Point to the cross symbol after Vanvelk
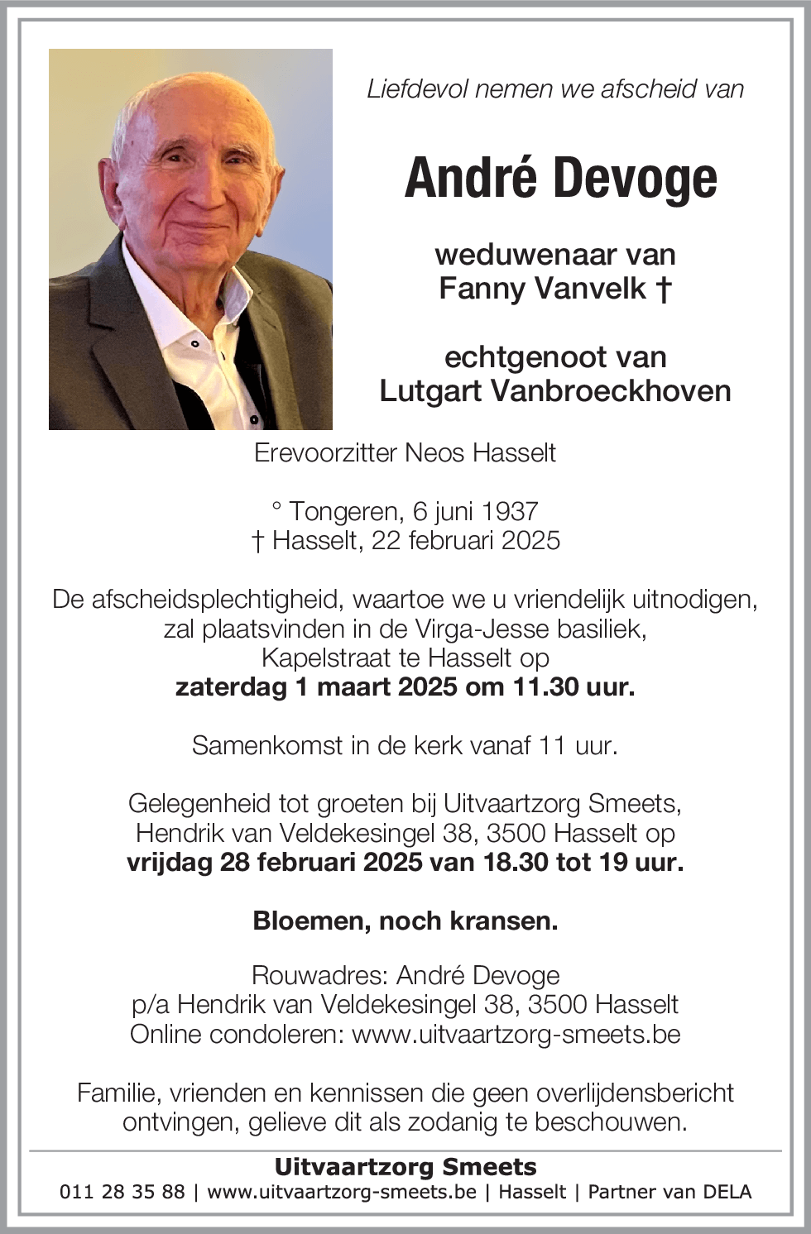click(663, 288)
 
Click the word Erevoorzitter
click(326, 453)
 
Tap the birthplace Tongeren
click(343, 511)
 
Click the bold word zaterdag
click(231, 686)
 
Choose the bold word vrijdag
click(170, 862)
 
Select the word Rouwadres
click(318, 975)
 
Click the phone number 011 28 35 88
click(122, 1192)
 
